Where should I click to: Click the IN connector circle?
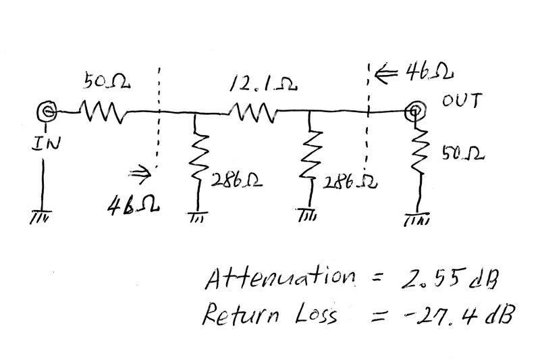48,111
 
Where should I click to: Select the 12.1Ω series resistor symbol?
252,111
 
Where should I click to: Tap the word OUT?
461,102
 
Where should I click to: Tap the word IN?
43,143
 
